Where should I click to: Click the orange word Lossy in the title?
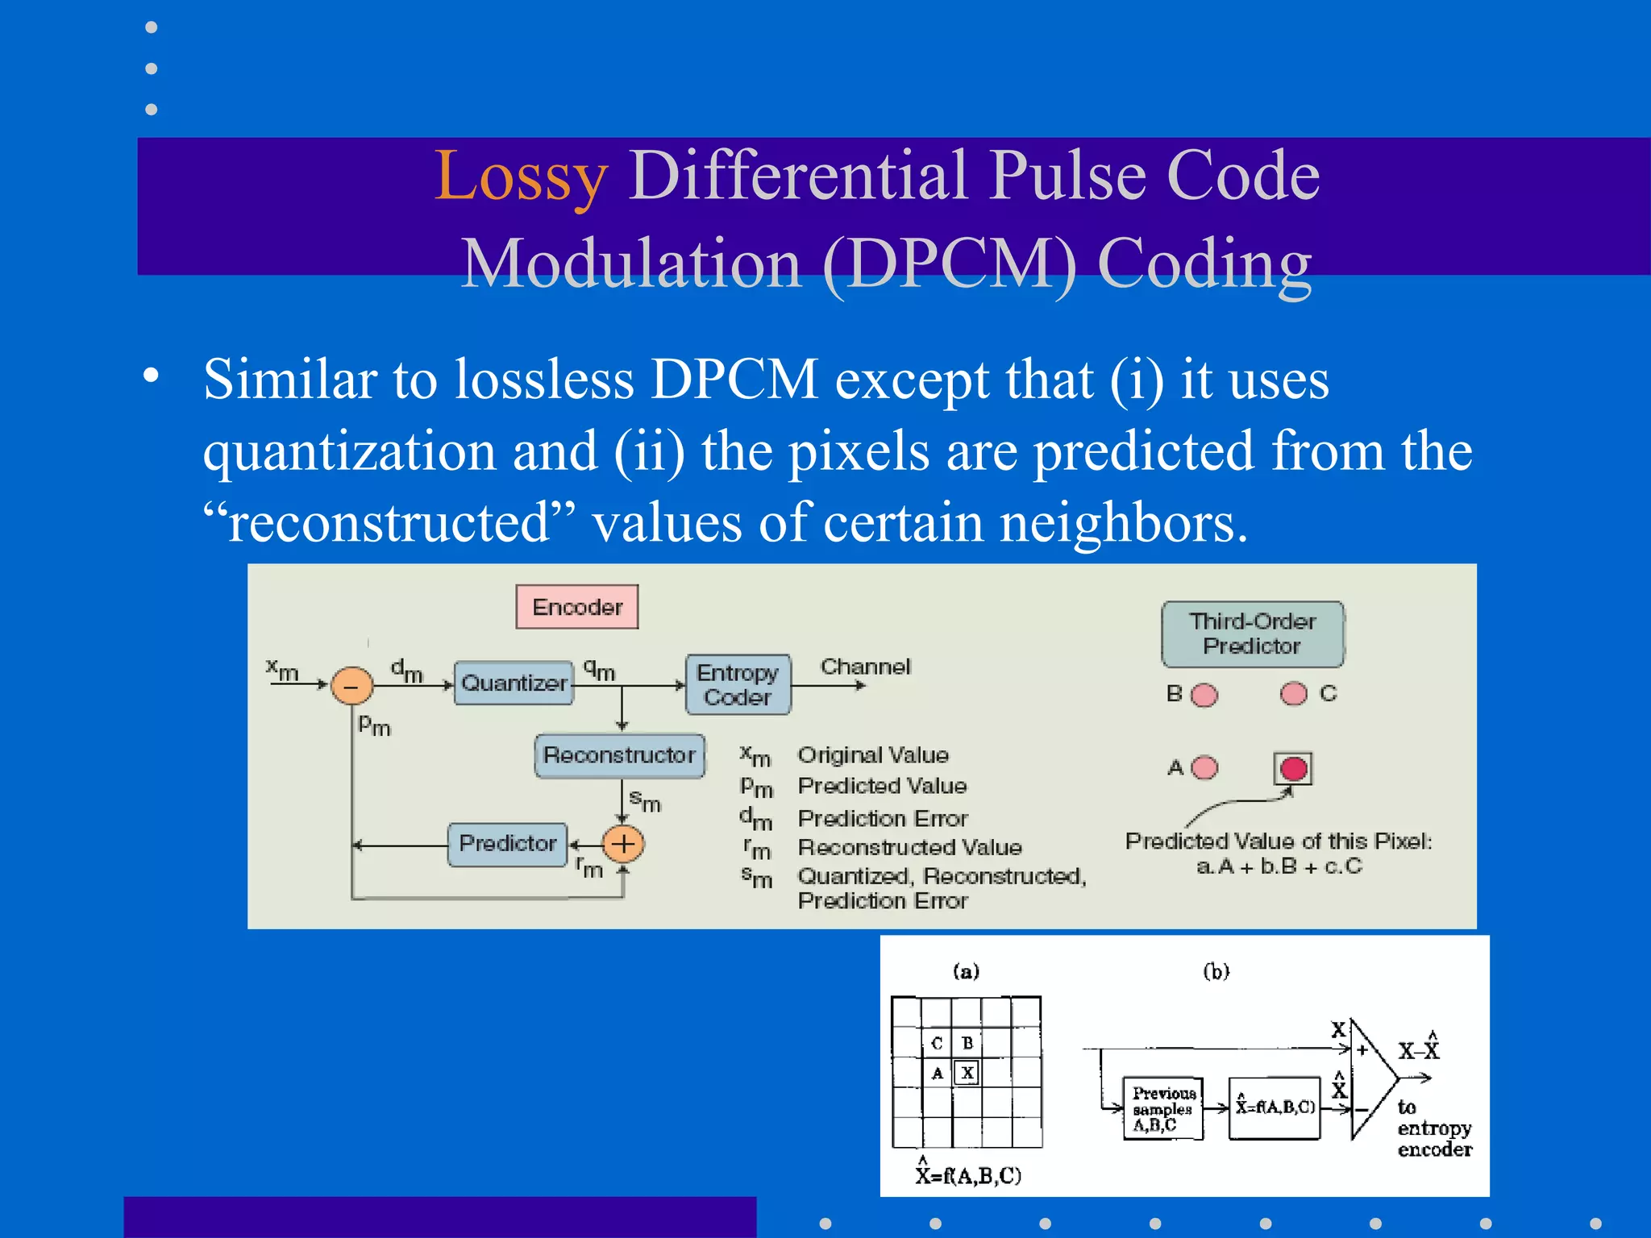(521, 176)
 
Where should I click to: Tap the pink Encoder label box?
(577, 607)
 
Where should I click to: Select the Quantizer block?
(514, 683)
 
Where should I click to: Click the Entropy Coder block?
(738, 684)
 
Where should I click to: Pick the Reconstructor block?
(619, 755)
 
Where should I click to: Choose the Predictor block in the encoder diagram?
(508, 844)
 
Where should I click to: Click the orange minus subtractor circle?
(352, 686)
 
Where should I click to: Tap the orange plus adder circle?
(624, 844)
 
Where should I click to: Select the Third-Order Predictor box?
(1252, 634)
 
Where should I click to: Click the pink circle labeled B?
(1204, 695)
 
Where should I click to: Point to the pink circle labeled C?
(1293, 693)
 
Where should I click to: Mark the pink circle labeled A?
(1204, 767)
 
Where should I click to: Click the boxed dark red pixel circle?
(1293, 768)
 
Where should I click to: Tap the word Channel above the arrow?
(865, 667)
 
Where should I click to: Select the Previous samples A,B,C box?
(1163, 1109)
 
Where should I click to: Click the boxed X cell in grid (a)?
(967, 1073)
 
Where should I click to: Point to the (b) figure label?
(1216, 971)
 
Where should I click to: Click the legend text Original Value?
(873, 755)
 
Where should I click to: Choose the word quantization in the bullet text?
(349, 451)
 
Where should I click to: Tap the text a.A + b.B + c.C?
(1279, 866)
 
